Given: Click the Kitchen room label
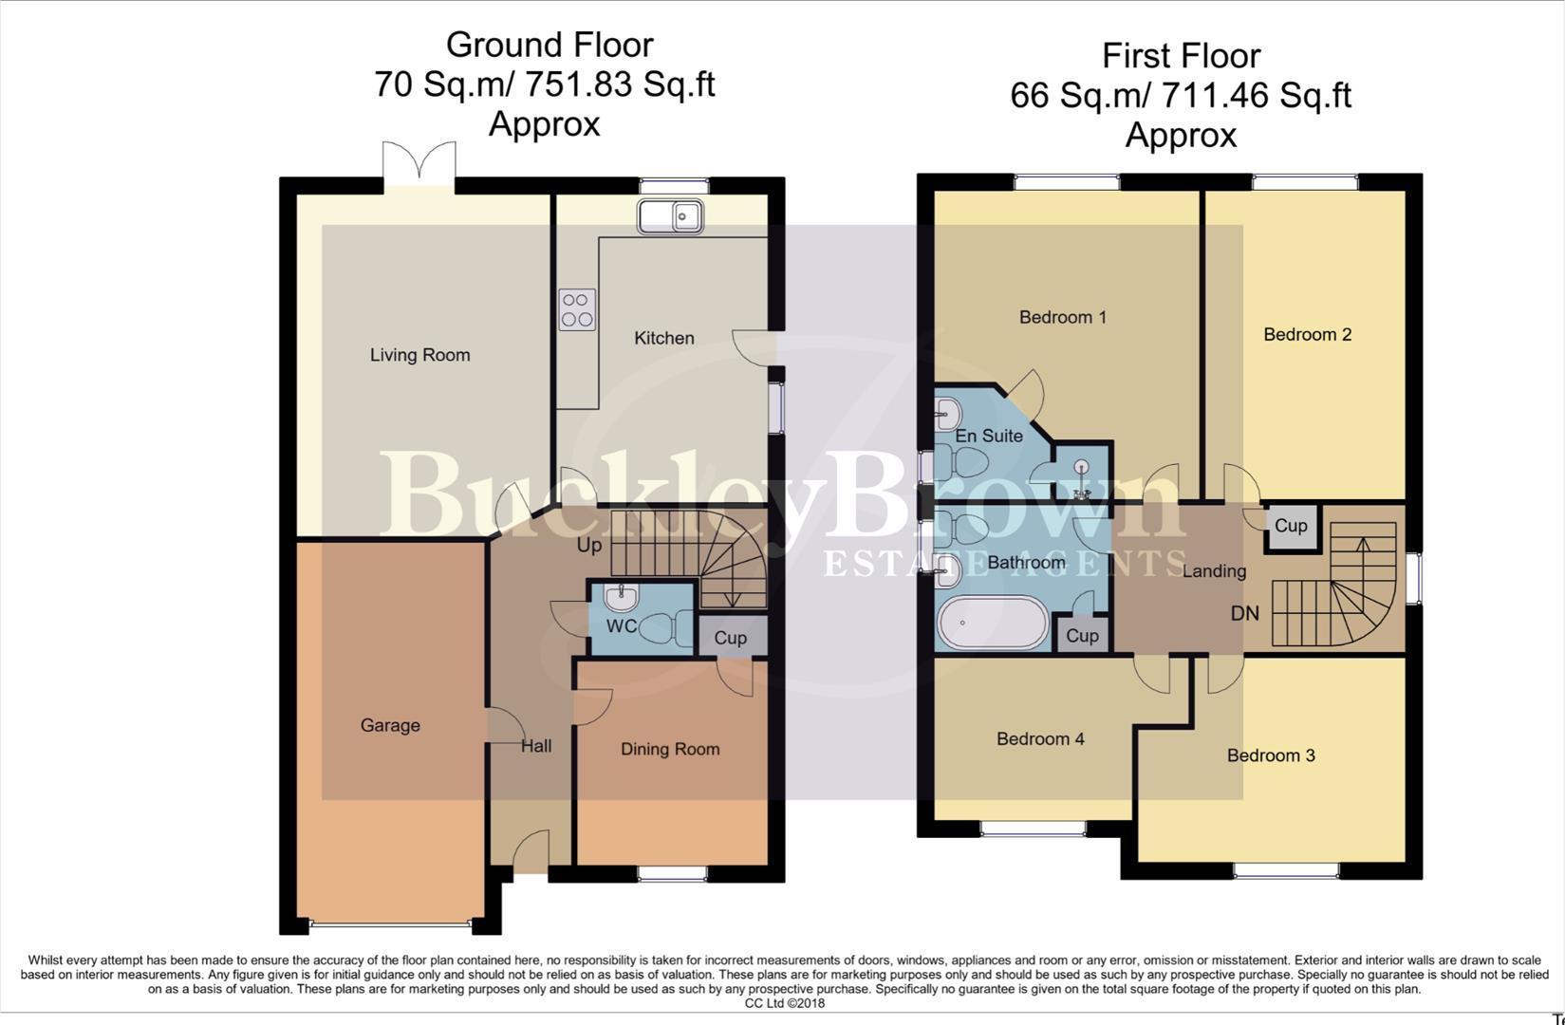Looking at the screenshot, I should (663, 338).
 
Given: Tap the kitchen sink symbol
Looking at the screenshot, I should (670, 216).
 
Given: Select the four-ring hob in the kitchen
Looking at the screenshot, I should (577, 309).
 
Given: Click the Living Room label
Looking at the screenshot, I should (419, 355).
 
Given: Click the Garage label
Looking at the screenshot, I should (390, 725).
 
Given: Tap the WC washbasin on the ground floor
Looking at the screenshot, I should (621, 597).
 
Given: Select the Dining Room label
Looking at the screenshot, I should (669, 749).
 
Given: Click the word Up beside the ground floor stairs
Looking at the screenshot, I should (589, 546).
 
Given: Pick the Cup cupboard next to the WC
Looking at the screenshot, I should (731, 638).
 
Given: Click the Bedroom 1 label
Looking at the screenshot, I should (1062, 317).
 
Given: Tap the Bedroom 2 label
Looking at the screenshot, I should (1307, 334).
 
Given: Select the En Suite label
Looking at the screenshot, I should (989, 436).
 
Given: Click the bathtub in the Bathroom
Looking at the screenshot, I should (993, 623).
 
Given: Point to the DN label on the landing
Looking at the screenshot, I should (1244, 613).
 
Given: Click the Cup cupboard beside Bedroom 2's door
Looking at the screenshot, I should (1291, 526).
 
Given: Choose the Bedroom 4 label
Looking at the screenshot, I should (1040, 738).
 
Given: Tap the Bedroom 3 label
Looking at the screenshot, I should (1270, 755).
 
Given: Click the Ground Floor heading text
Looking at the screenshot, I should (549, 45).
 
